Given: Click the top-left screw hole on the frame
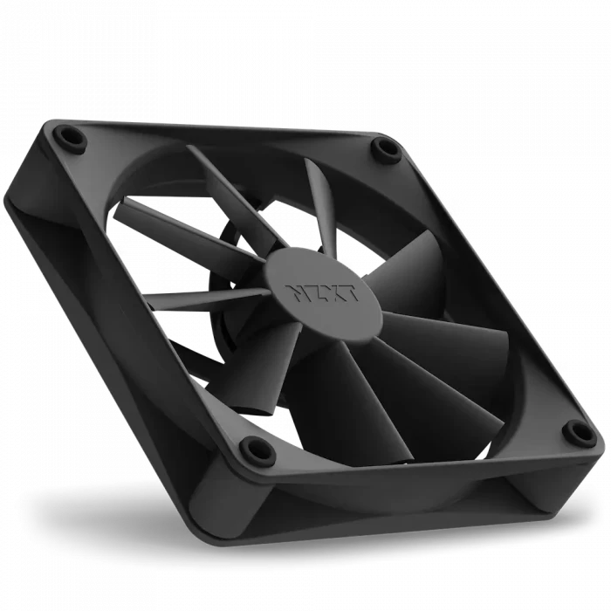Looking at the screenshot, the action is (71, 137).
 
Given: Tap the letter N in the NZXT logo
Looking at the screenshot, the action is (295, 292).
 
